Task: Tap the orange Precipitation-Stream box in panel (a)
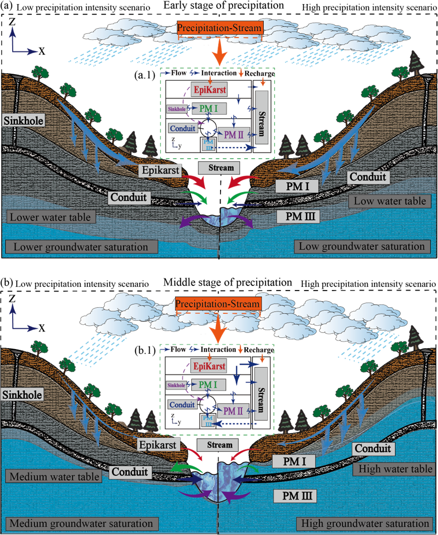220,29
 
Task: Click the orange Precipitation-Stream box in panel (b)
218,305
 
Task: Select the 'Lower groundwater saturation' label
82,247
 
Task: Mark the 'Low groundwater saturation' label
361,247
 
